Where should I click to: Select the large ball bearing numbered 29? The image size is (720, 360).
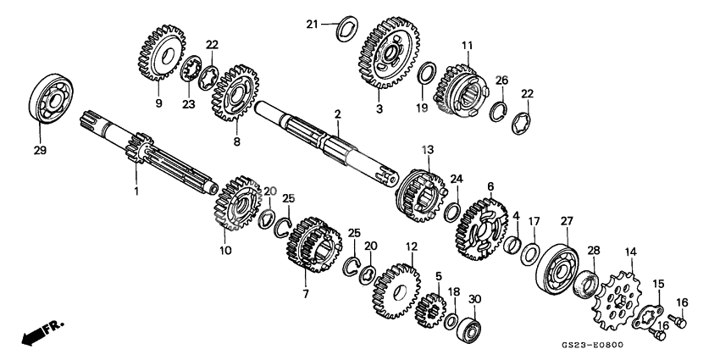[51, 99]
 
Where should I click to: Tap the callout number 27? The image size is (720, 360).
[567, 221]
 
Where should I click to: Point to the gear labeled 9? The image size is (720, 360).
[161, 53]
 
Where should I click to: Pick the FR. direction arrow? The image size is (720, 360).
[42, 332]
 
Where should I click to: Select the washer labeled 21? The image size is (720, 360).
[346, 28]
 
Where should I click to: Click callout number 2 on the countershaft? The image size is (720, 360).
[337, 114]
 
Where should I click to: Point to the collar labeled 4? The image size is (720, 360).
[513, 244]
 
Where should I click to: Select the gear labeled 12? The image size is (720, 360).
[396, 291]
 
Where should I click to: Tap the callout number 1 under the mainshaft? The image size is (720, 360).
[136, 191]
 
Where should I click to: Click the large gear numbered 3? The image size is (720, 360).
[389, 53]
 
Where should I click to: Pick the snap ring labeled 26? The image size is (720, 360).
[498, 112]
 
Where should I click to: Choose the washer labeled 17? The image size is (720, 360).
[530, 254]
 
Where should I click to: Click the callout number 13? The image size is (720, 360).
[428, 150]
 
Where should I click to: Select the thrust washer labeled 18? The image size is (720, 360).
[451, 321]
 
